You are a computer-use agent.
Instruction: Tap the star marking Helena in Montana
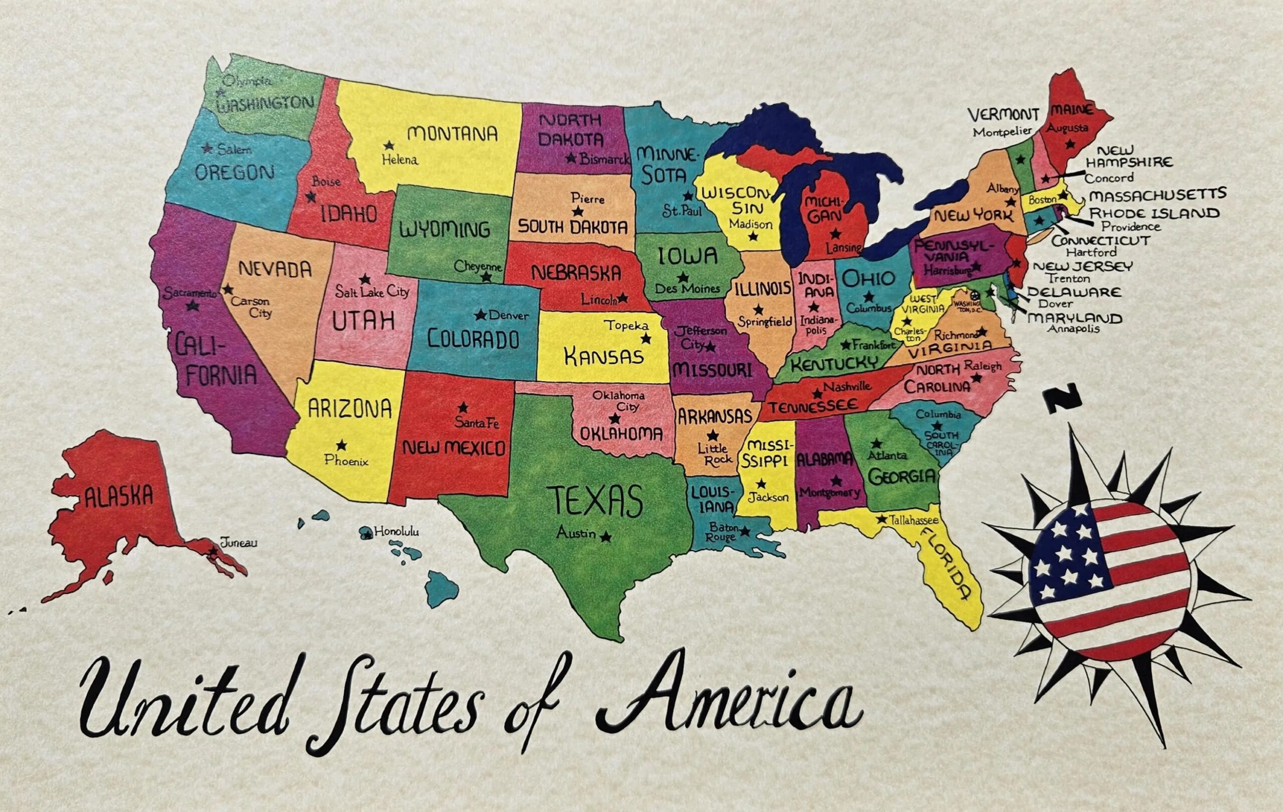pyautogui.click(x=389, y=145)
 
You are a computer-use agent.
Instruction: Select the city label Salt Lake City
pyautogui.click(x=372, y=291)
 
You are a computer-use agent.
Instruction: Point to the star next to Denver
pyautogui.click(x=481, y=315)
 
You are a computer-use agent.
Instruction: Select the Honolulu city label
pyautogui.click(x=396, y=531)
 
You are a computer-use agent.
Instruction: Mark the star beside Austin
pyautogui.click(x=605, y=537)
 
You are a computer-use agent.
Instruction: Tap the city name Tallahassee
pyautogui.click(x=913, y=520)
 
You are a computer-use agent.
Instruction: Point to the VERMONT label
pyautogui.click(x=1003, y=114)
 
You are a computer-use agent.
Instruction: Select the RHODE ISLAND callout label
pyautogui.click(x=1154, y=214)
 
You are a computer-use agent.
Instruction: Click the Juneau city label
pyautogui.click(x=238, y=543)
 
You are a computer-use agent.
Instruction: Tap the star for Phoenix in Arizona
pyautogui.click(x=341, y=445)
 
